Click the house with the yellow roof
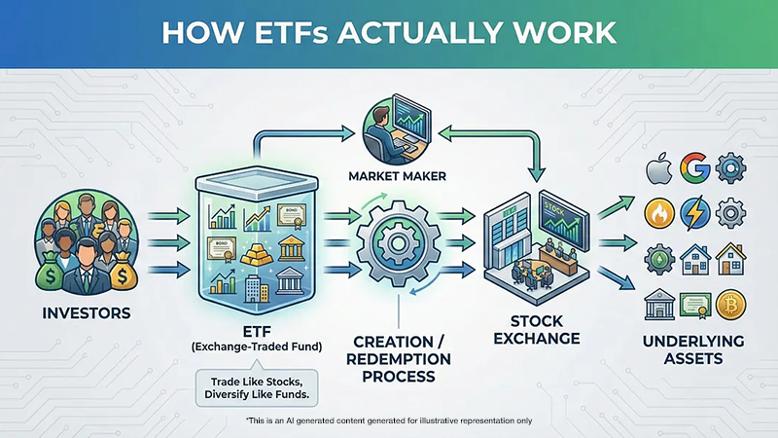tap(729, 260)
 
